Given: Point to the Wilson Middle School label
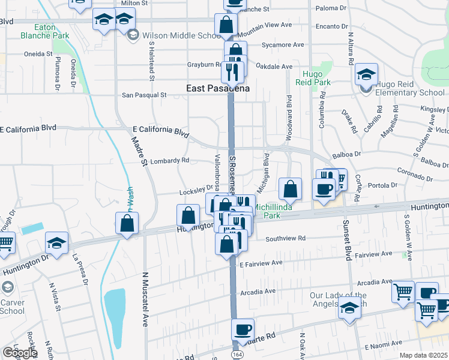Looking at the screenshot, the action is click(x=180, y=35).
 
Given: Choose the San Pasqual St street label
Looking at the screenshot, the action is click(x=144, y=95).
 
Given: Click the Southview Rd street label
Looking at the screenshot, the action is click(x=285, y=238).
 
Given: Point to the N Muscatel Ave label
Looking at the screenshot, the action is click(x=145, y=307).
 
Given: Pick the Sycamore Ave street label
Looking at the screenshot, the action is click(x=283, y=45).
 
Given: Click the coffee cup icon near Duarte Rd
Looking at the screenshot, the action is click(x=243, y=329).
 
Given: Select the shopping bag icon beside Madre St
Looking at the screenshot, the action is click(x=127, y=223).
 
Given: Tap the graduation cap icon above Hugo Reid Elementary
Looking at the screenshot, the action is click(x=366, y=74).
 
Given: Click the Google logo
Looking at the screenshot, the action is click(x=19, y=352).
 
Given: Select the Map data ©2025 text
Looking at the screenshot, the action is click(x=423, y=355).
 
